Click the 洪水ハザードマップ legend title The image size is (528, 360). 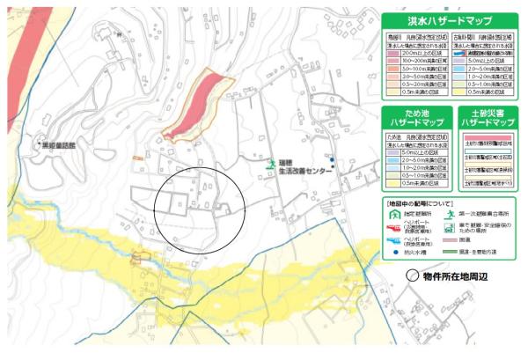pos(449,21)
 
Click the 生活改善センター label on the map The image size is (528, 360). pos(304,173)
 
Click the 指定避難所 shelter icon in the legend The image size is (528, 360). pos(393,212)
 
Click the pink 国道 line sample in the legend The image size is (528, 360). pos(449,240)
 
